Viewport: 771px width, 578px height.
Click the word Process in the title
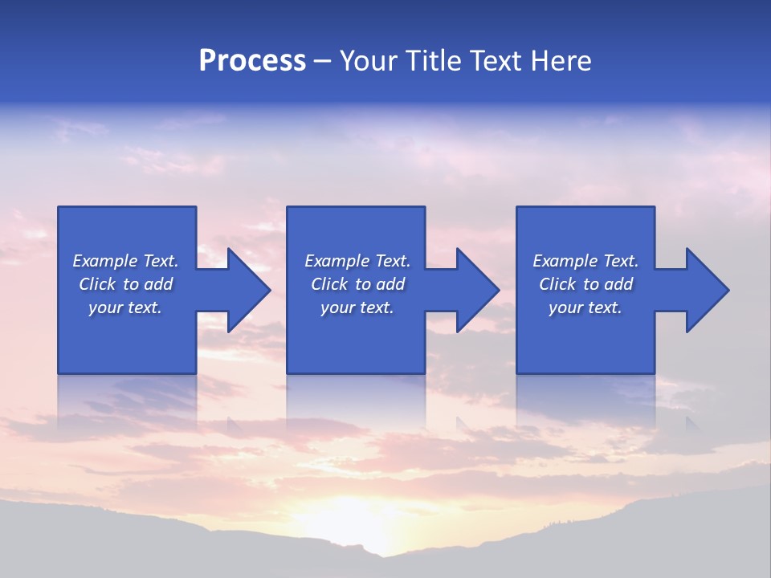point(252,61)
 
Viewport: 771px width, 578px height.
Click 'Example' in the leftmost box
point(105,261)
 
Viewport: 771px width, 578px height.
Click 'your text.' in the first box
point(125,307)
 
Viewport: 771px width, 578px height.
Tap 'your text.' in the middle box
point(357,307)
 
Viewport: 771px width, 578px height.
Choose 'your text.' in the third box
point(585,307)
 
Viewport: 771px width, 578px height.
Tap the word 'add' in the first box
point(158,284)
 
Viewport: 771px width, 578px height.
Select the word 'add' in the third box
point(618,284)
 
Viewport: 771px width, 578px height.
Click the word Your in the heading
point(370,61)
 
